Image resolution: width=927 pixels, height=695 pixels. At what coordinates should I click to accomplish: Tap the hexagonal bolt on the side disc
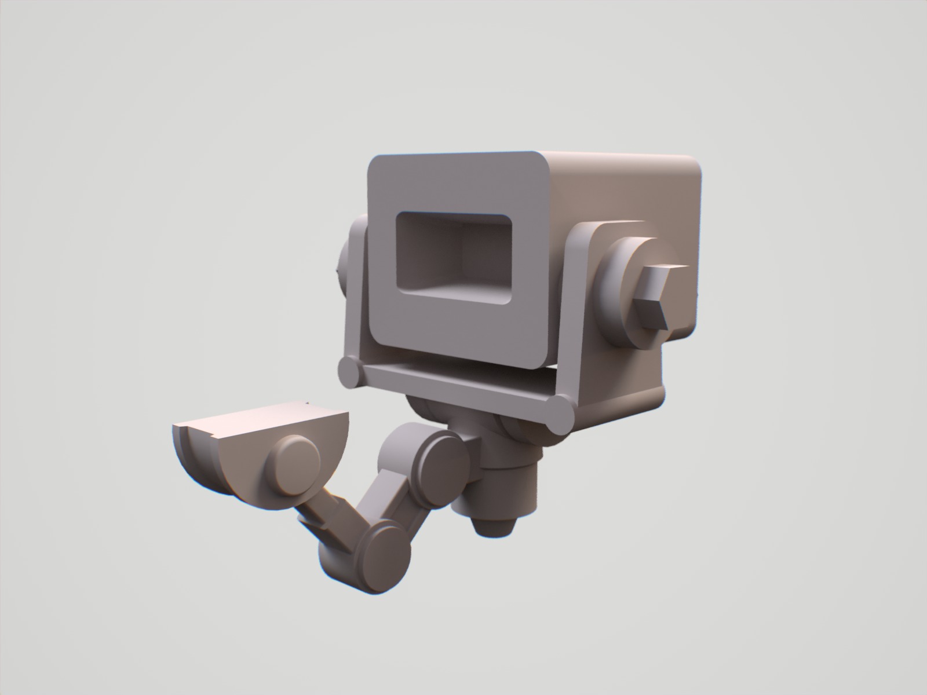pyautogui.click(x=660, y=295)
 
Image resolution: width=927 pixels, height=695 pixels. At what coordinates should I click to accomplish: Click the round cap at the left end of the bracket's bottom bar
pyautogui.click(x=349, y=372)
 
